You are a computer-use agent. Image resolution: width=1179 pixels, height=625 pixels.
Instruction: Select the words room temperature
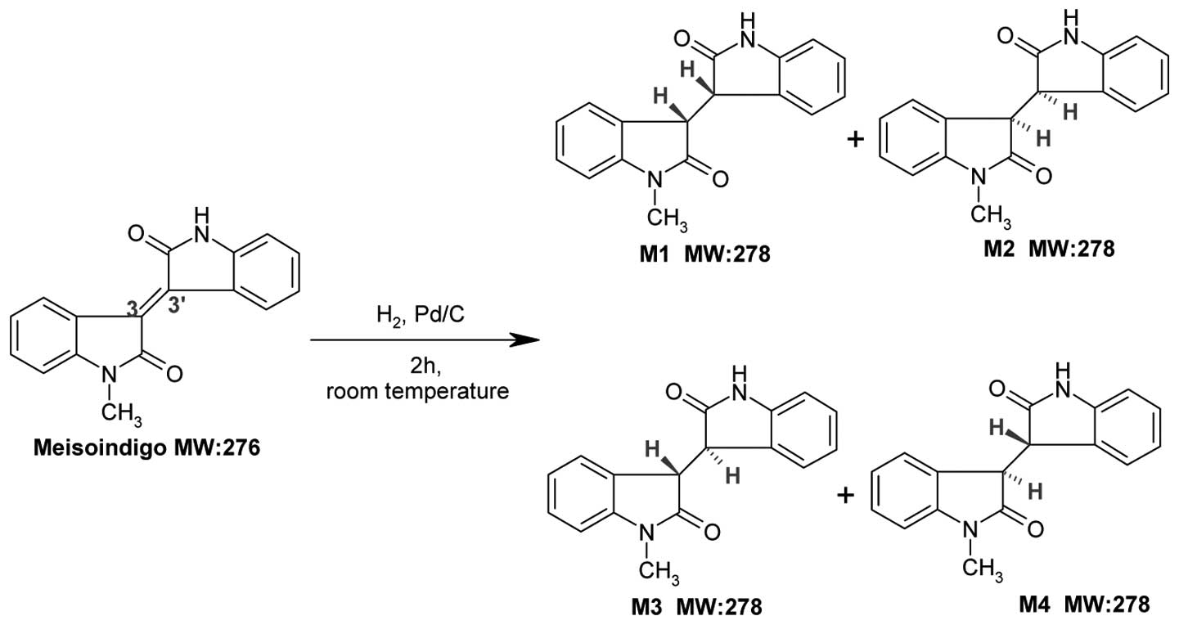click(x=417, y=392)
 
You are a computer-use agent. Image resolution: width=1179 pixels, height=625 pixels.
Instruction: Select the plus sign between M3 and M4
click(x=847, y=495)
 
